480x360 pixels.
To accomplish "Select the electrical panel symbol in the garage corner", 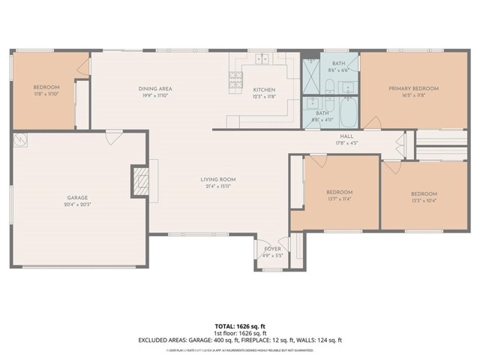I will point(20,139).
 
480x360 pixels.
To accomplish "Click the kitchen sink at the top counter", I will point(262,58).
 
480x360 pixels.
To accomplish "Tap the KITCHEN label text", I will point(263,89).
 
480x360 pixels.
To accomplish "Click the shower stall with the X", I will point(311,73).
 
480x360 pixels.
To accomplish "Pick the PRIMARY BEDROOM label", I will point(413,88).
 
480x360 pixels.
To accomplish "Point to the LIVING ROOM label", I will point(218,179).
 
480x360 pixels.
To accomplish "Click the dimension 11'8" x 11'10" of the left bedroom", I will point(46,94).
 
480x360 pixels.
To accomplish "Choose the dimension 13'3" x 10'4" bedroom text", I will point(424,200).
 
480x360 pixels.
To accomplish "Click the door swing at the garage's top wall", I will point(114,138).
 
